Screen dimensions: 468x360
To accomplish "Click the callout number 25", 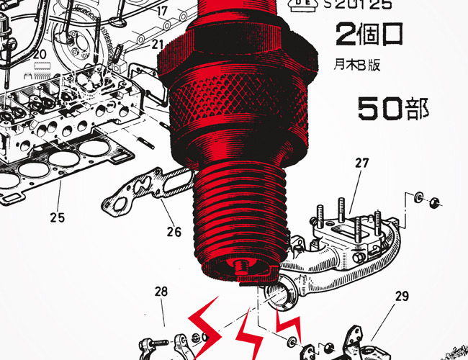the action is [58, 217].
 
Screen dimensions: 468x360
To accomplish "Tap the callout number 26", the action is [174, 232].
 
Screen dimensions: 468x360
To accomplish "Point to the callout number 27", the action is [362, 163].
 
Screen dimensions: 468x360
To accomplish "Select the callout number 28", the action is [161, 292].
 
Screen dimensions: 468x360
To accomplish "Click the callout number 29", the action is [402, 296].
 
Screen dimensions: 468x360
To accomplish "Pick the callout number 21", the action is [158, 45].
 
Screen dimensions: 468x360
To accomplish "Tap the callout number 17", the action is [162, 12].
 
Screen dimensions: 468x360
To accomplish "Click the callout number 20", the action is [40, 55].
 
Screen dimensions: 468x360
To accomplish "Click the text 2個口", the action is [369, 34].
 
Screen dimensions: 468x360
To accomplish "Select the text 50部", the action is [393, 109].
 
